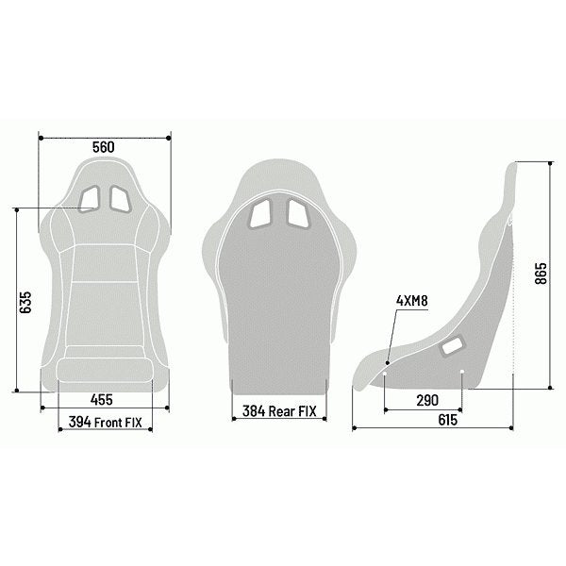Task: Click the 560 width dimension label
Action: (104, 147)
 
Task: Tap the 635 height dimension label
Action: (25, 300)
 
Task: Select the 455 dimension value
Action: (104, 398)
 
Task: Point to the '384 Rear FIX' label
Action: (280, 411)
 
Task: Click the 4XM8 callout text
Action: (411, 301)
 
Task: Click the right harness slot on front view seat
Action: (119, 197)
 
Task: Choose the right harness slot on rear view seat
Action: (295, 215)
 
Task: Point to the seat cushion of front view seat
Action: (104, 367)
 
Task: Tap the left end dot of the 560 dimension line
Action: (40, 138)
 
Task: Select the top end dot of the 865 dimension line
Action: (551, 161)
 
